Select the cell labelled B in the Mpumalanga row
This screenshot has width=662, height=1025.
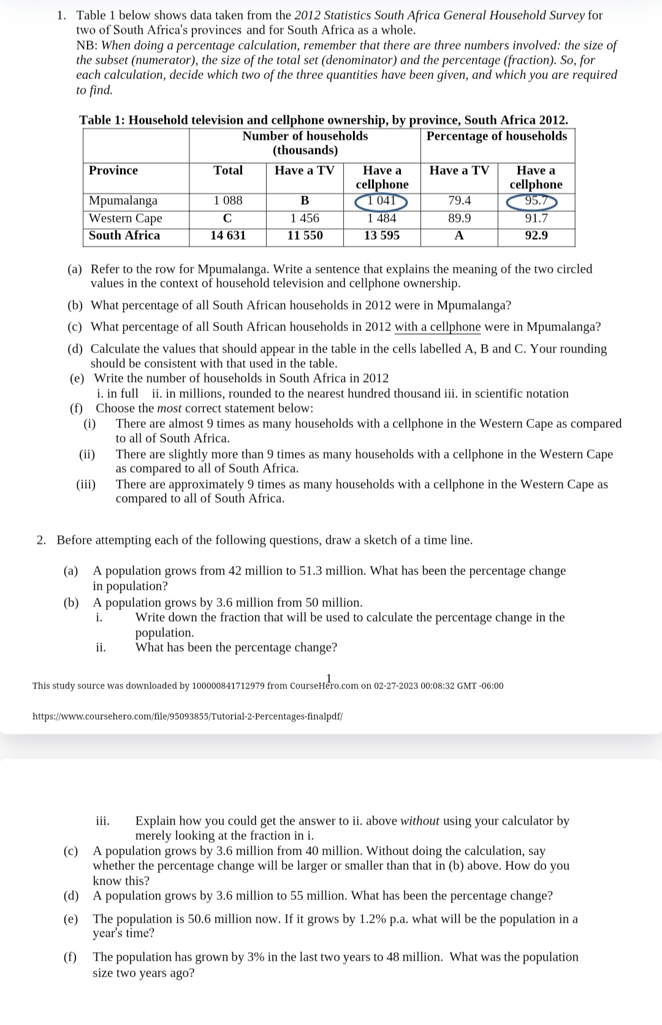tap(305, 200)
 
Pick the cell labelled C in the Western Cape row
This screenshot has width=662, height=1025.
tap(227, 218)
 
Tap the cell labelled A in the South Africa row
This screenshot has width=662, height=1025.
tap(459, 236)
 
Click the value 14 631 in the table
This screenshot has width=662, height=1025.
tap(228, 235)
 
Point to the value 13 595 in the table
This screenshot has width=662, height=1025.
tap(381, 235)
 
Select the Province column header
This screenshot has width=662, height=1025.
tap(113, 170)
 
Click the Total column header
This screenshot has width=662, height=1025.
tap(228, 170)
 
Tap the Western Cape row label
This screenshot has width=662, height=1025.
tap(126, 218)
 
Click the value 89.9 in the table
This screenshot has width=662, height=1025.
tap(459, 218)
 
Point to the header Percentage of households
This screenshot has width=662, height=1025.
tap(496, 136)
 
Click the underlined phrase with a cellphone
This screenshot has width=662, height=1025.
tap(438, 327)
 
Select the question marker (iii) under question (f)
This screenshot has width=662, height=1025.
tap(86, 484)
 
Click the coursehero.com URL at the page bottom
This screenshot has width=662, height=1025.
tap(187, 716)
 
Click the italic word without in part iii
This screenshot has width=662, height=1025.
tap(419, 821)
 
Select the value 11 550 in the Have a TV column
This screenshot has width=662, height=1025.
tap(305, 235)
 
